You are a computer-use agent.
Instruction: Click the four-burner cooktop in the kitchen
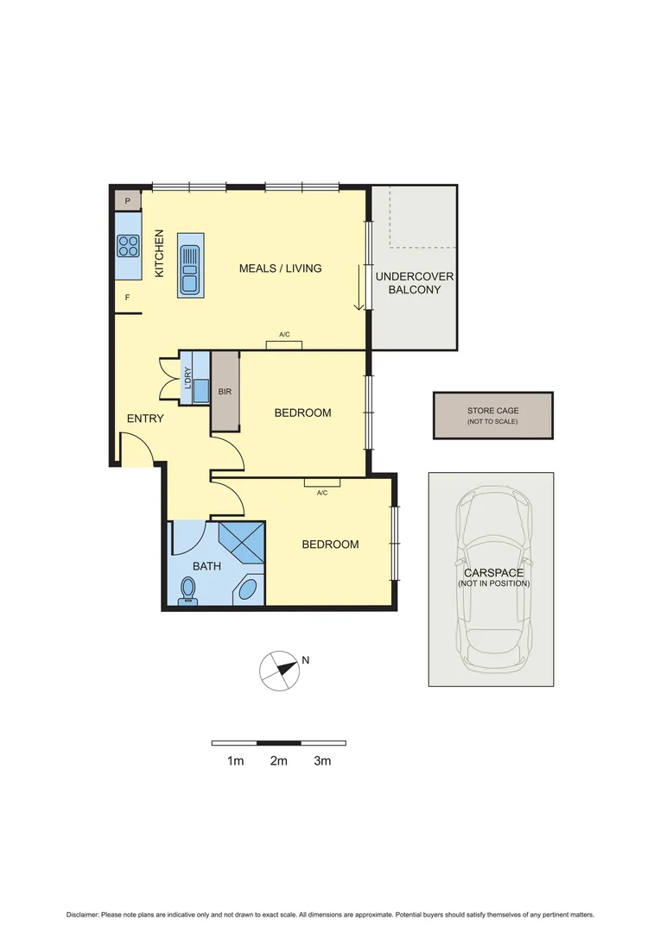(129, 246)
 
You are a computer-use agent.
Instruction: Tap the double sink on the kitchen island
(189, 266)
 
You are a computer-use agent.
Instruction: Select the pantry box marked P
(128, 201)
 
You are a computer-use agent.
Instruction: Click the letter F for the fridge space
(128, 299)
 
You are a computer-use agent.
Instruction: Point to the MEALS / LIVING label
(280, 268)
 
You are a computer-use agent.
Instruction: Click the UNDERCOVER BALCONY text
(414, 283)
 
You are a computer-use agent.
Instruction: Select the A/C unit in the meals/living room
(284, 344)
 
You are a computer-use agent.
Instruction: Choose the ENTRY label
(145, 419)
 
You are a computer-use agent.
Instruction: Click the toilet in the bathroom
(187, 590)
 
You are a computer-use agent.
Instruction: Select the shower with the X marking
(242, 544)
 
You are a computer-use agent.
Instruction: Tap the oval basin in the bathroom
(248, 590)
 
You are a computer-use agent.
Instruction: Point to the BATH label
(206, 567)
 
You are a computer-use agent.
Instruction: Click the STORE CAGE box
(493, 415)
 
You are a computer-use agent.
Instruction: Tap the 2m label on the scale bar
(278, 761)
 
